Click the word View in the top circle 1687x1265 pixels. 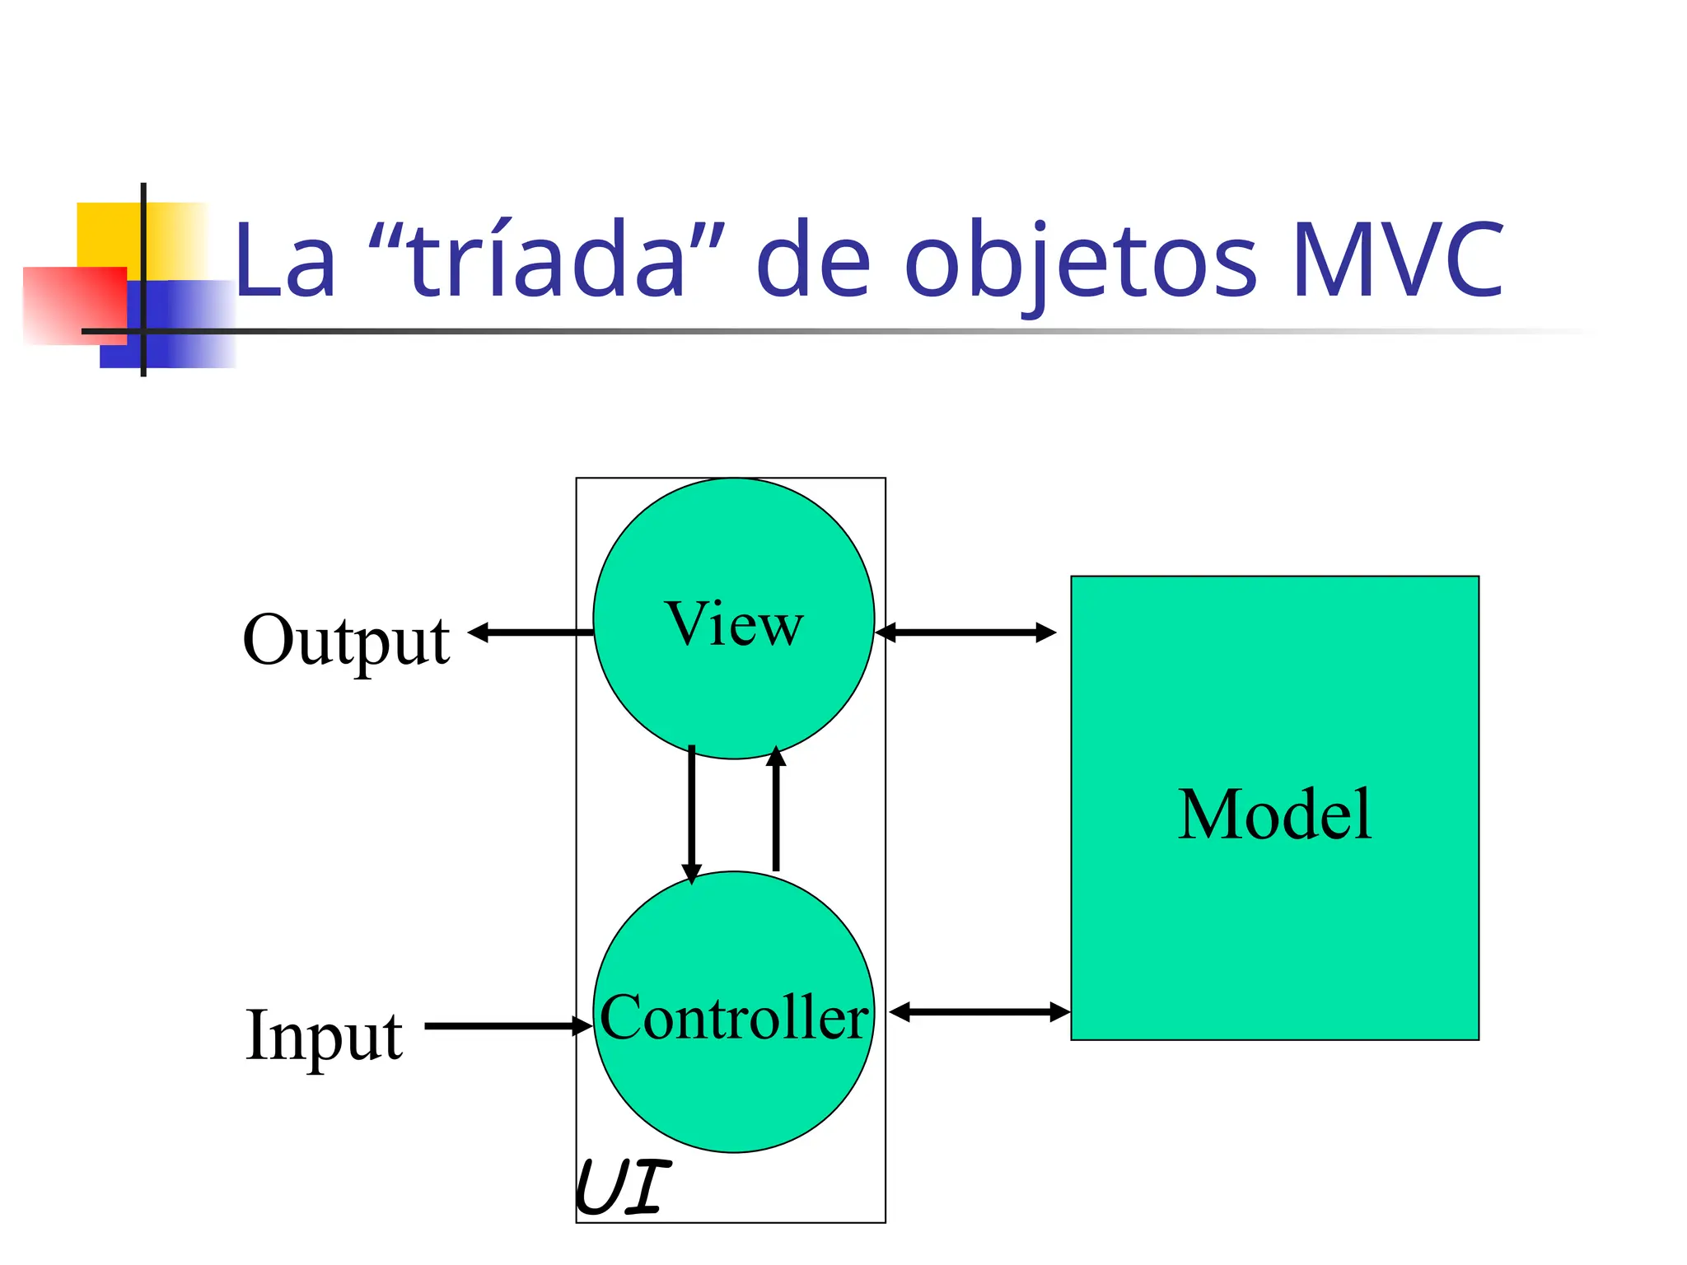(733, 624)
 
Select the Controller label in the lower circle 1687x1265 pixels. (733, 1018)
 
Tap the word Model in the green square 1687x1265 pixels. (1274, 815)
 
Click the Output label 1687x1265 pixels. (346, 641)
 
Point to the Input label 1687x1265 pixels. (324, 1035)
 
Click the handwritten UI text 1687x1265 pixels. (623, 1187)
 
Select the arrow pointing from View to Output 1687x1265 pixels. (530, 632)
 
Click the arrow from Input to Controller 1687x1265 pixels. (507, 1026)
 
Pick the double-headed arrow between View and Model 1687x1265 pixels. (965, 632)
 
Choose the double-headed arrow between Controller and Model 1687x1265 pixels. (979, 1012)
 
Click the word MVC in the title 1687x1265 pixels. (1397, 260)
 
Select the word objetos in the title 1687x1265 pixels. (1080, 262)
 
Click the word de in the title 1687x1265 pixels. (812, 260)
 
